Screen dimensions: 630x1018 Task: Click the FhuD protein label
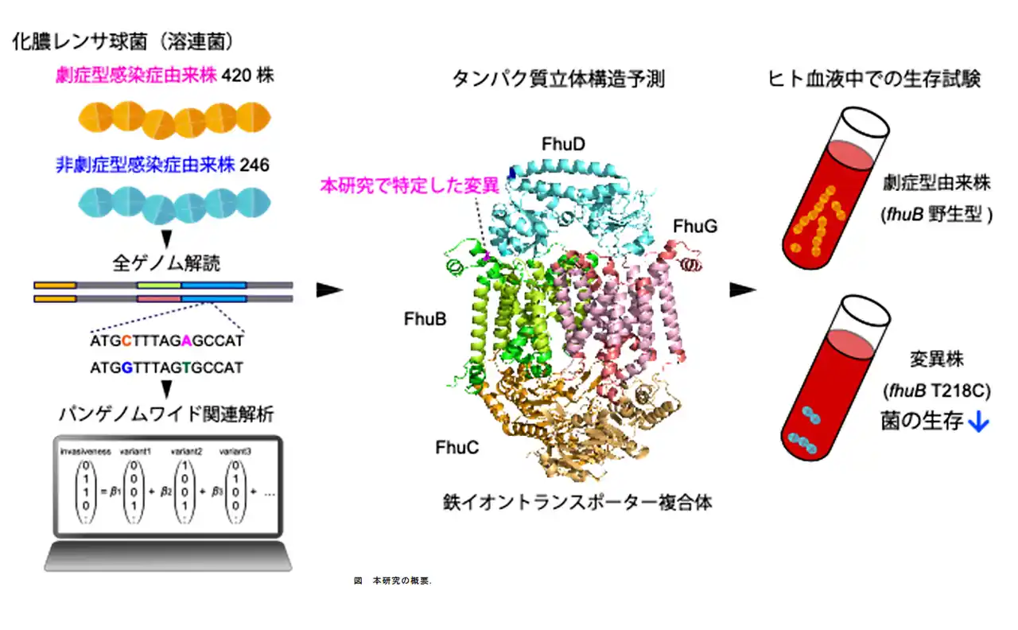pyautogui.click(x=564, y=144)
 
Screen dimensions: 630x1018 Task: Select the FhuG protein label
pyautogui.click(x=695, y=227)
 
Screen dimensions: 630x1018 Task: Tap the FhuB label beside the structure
pyautogui.click(x=425, y=319)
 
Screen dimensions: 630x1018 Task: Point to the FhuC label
pyautogui.click(x=457, y=447)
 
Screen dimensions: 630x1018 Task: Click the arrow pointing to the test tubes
pyautogui.click(x=743, y=290)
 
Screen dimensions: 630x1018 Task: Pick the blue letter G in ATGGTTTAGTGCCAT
pyautogui.click(x=127, y=368)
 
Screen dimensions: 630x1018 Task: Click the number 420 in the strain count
pyautogui.click(x=238, y=77)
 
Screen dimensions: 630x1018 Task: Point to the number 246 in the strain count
pyautogui.click(x=255, y=165)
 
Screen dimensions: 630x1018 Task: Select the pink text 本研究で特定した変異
pyautogui.click(x=409, y=186)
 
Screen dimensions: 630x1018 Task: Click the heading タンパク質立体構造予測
pyautogui.click(x=558, y=79)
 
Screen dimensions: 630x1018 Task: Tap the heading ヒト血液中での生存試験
pyautogui.click(x=873, y=79)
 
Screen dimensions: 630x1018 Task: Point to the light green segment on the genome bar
pyautogui.click(x=159, y=284)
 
